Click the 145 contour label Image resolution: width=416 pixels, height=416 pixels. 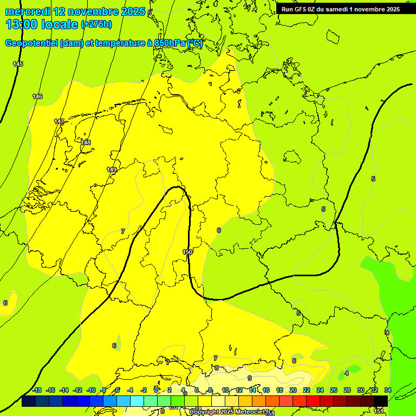18,64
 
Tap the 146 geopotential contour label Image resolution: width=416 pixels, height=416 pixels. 37,96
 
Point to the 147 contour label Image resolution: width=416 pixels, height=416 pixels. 59,121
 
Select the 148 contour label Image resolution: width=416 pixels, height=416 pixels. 86,142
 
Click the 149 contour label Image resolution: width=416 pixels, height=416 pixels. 112,170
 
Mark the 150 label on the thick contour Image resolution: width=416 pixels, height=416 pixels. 187,252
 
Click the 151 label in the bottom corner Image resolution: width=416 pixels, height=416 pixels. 379,412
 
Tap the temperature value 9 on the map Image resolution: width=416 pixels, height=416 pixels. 250,378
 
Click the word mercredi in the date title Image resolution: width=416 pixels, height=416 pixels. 28,11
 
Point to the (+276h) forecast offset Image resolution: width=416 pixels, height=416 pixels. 96,24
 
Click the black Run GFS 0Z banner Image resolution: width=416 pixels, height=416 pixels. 340,9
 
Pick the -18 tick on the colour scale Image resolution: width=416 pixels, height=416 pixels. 37,390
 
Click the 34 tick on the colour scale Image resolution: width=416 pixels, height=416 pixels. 388,390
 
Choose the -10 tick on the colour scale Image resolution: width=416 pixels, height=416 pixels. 91,390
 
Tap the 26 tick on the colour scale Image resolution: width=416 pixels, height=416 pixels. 334,390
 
